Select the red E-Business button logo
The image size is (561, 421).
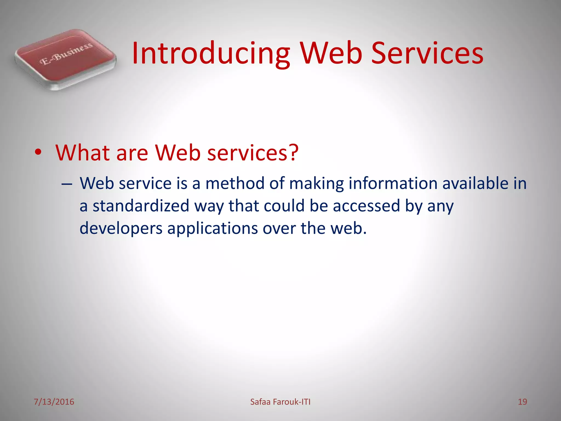pyautogui.click(x=66, y=59)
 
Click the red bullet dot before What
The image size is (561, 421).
pyautogui.click(x=38, y=152)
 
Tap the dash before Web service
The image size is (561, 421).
pyautogui.click(x=67, y=184)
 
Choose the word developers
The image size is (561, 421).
pyautogui.click(x=121, y=229)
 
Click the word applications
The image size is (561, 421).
pyautogui.click(x=213, y=228)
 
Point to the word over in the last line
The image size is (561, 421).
pyautogui.click(x=279, y=228)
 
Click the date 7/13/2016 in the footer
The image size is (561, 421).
pyautogui.click(x=54, y=402)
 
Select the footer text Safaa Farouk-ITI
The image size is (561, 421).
pyautogui.click(x=280, y=402)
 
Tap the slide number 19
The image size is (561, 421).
pyautogui.click(x=522, y=402)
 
